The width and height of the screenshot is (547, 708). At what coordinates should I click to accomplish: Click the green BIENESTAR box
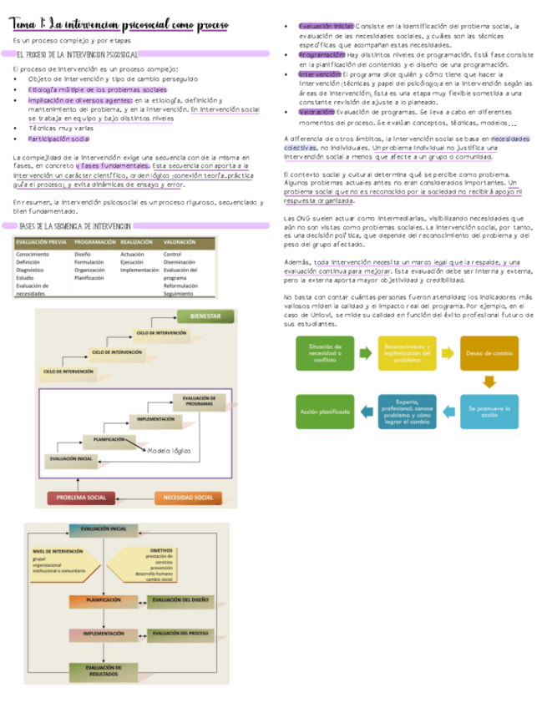(205, 317)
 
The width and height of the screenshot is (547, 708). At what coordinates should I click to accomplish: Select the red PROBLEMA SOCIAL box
(81, 498)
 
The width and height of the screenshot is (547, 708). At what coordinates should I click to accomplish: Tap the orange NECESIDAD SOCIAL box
(189, 498)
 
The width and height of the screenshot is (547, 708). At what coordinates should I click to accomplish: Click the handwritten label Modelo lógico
(169, 451)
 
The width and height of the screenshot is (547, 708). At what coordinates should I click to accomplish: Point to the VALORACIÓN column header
(180, 242)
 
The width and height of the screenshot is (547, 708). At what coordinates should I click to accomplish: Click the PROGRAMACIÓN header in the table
(94, 242)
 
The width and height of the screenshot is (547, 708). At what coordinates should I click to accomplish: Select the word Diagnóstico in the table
(31, 270)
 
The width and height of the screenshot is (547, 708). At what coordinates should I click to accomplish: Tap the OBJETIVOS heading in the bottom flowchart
(162, 550)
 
